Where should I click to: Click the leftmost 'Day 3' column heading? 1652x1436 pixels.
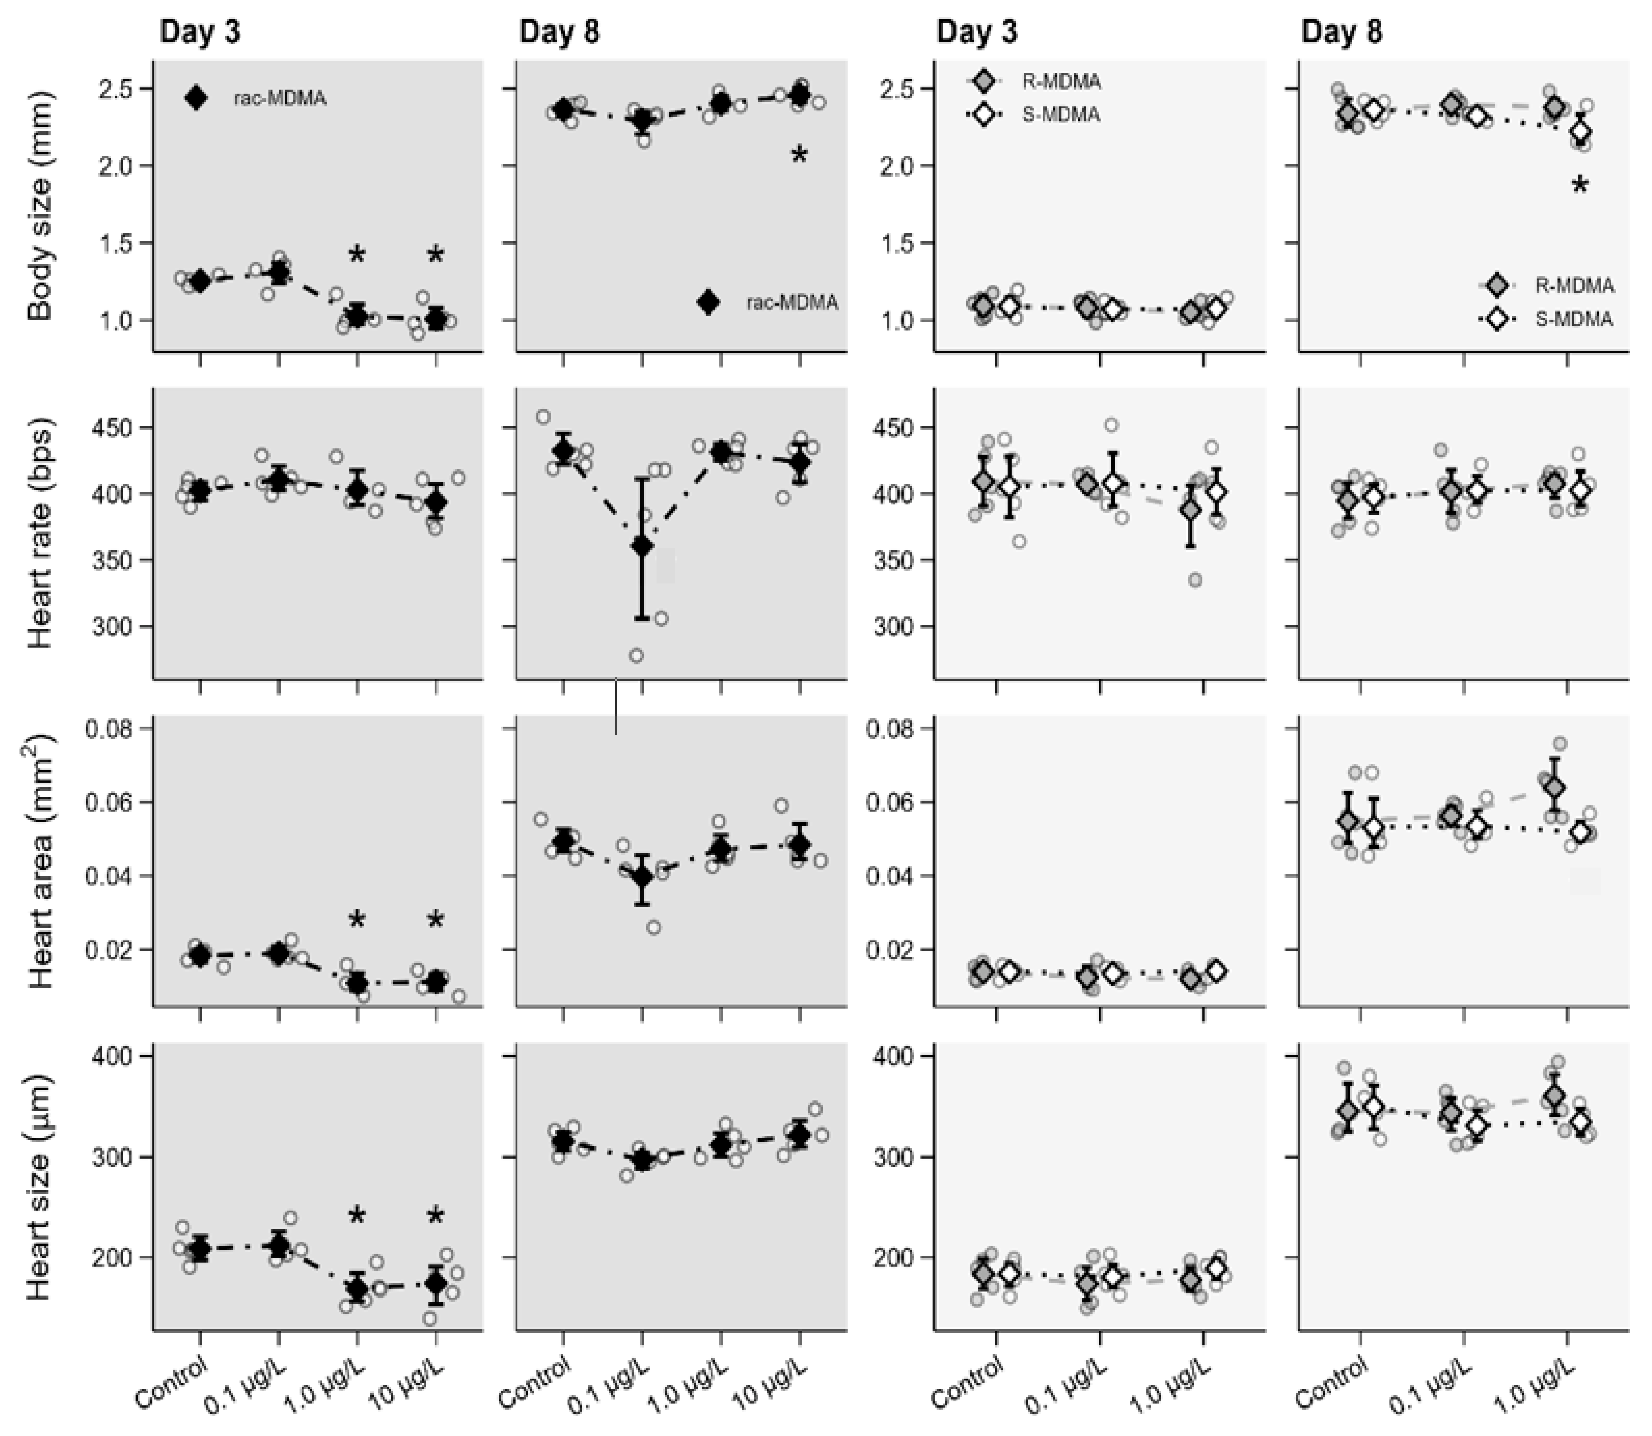pos(199,32)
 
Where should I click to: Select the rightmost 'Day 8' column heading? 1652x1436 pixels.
pos(1341,32)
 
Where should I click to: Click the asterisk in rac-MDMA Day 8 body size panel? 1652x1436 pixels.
pos(799,155)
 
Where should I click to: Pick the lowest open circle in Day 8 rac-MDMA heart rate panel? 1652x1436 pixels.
pos(636,656)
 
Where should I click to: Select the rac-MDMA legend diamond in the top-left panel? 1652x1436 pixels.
pos(196,98)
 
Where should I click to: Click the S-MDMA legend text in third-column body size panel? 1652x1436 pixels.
pos(1060,115)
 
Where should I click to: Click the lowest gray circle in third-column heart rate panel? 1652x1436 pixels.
pos(1195,580)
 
